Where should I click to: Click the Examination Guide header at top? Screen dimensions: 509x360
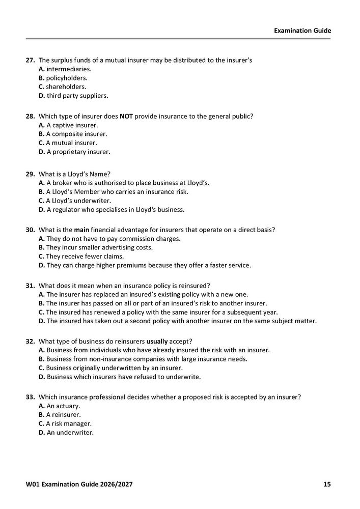point(302,31)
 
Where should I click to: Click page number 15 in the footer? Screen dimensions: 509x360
point(327,484)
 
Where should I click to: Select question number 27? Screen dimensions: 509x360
point(30,60)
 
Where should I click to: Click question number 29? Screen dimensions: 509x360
point(30,174)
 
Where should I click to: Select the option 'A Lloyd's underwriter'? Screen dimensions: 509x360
point(74,201)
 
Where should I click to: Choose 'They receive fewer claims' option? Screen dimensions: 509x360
point(77,256)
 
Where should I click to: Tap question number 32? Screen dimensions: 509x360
point(30,341)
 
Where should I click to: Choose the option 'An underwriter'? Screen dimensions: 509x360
point(66,433)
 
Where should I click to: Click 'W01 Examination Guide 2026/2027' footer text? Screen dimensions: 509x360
point(81,484)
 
